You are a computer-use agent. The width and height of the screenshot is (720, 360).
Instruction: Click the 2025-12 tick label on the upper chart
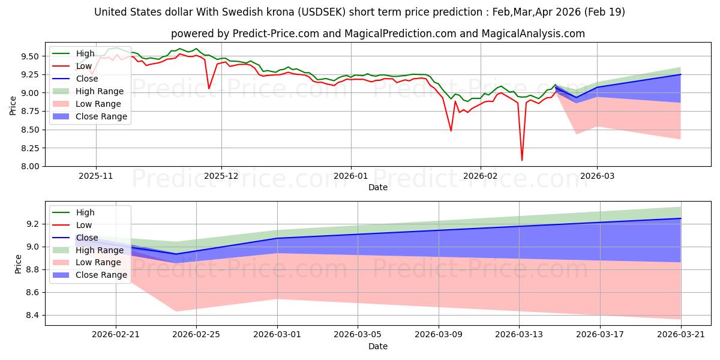[x=221, y=176]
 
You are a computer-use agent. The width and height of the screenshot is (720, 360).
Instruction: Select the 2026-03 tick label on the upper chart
[x=597, y=176]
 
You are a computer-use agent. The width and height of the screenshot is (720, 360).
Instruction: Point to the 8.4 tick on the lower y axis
[x=33, y=316]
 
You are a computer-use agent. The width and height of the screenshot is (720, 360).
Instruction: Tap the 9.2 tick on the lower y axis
[x=33, y=224]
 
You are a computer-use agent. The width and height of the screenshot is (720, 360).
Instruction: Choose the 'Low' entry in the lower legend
[x=85, y=225]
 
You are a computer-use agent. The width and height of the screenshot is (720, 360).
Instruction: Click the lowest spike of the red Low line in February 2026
[x=522, y=160]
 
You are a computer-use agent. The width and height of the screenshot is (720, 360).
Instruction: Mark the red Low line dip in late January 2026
[x=451, y=130]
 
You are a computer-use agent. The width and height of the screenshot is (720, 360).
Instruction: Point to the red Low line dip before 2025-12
[x=209, y=89]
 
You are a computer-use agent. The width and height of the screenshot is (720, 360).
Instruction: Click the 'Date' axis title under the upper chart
[x=378, y=188]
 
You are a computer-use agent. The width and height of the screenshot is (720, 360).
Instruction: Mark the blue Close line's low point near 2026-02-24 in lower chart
[x=176, y=254]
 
